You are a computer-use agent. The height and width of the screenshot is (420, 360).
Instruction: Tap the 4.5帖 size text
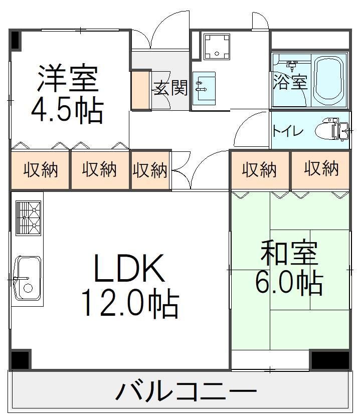(67, 111)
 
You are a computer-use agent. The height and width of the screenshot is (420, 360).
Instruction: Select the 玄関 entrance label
(170, 88)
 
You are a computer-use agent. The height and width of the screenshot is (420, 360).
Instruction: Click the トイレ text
(288, 132)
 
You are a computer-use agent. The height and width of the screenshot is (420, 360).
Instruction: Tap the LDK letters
(129, 269)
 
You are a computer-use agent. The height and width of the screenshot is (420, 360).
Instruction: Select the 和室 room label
(289, 253)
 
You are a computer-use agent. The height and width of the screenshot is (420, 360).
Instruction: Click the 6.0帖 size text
(289, 284)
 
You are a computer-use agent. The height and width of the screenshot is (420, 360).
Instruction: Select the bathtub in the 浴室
(329, 80)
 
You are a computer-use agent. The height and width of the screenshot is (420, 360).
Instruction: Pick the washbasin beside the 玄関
(204, 89)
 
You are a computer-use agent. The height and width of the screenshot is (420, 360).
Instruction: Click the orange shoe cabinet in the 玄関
(141, 91)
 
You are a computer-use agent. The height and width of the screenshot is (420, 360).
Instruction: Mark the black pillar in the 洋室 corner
(15, 40)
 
